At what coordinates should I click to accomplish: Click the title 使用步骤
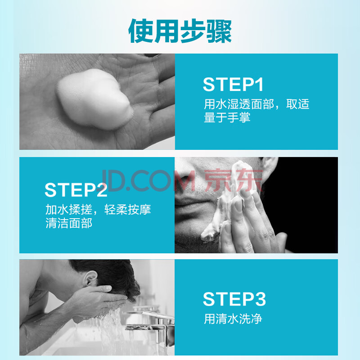coord(180,31)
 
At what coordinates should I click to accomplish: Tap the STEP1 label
coord(233,85)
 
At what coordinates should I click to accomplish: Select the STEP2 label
coord(76,190)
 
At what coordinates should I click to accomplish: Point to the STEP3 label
coord(234,299)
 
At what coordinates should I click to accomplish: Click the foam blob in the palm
coord(94,99)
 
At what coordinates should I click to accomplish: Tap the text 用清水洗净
coord(233,319)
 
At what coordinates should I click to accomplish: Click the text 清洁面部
coord(69,223)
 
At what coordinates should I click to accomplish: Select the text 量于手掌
coord(227,117)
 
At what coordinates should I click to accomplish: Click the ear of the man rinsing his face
coord(90,279)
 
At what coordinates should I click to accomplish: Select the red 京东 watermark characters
coord(233,180)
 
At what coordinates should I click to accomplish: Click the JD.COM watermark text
coord(148,180)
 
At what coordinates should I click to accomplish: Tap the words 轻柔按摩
coord(128,209)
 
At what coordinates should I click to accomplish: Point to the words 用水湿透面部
coord(239,104)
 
